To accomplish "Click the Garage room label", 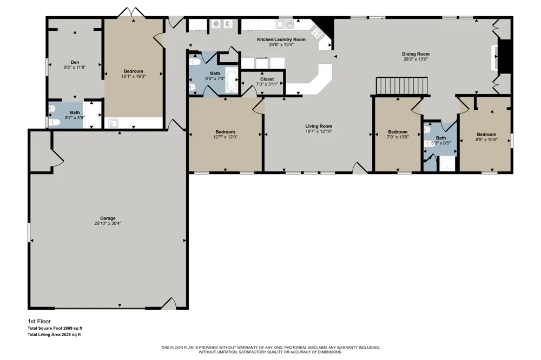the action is (108, 218).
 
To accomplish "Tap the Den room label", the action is (75, 62).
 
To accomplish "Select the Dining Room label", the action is (415, 54).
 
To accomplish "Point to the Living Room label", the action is (319, 126).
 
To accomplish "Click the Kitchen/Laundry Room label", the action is (281, 39).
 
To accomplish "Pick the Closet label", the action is (267, 79).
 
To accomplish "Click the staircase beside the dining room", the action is (402, 85).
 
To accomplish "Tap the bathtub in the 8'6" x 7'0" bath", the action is (231, 80).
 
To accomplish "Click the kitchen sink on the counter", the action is (285, 24).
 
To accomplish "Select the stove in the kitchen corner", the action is (316, 32).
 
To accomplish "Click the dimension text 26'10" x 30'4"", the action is (108, 223).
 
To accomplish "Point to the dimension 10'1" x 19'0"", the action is (134, 76).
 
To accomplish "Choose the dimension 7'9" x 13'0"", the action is (398, 137).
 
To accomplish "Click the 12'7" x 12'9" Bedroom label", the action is (225, 132).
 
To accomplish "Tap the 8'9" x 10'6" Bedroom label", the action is (486, 135).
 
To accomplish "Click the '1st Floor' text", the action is (39, 321).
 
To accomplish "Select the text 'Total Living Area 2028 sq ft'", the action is (54, 335).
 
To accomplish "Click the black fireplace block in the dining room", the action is (505, 56).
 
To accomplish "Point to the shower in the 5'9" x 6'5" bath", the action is (447, 164).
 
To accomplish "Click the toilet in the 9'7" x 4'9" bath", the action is (54, 122).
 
